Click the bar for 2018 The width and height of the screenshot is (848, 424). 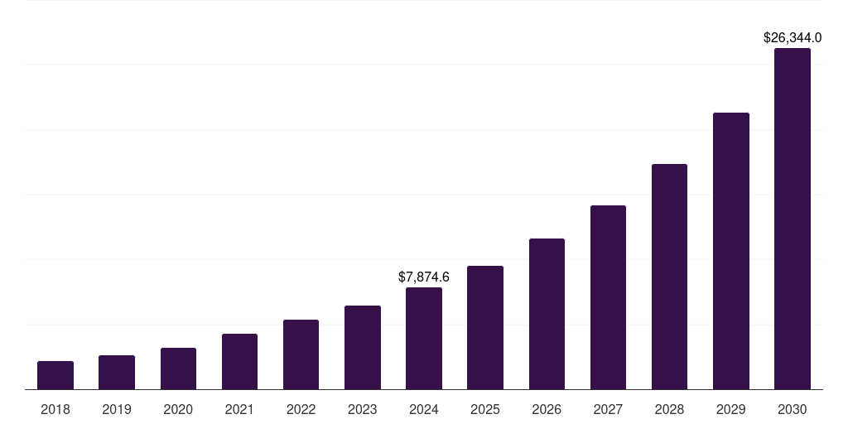point(55,375)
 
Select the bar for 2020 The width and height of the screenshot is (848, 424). point(178,369)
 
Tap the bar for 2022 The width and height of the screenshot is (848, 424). point(301,354)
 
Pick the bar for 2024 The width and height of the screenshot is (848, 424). point(424,339)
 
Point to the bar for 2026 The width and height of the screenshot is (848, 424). point(547,314)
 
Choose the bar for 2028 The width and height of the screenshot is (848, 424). point(669,277)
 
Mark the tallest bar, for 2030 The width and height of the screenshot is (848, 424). point(793,219)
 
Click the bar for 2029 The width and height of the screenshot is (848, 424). point(731,251)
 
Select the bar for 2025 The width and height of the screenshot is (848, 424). point(485,328)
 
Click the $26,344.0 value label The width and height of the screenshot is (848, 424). point(793,37)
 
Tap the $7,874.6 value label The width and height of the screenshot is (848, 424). point(424,277)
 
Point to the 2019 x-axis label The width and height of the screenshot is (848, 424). point(117,409)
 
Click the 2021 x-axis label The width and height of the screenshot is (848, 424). point(239,409)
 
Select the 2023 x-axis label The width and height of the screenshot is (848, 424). point(363,409)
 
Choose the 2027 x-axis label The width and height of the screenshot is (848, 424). point(608,409)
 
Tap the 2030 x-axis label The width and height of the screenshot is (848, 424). point(793,409)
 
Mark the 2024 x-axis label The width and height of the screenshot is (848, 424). point(424,409)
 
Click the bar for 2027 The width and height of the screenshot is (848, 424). point(608,297)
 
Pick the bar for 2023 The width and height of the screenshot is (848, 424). point(363,348)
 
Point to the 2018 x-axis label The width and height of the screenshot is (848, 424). point(55,409)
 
